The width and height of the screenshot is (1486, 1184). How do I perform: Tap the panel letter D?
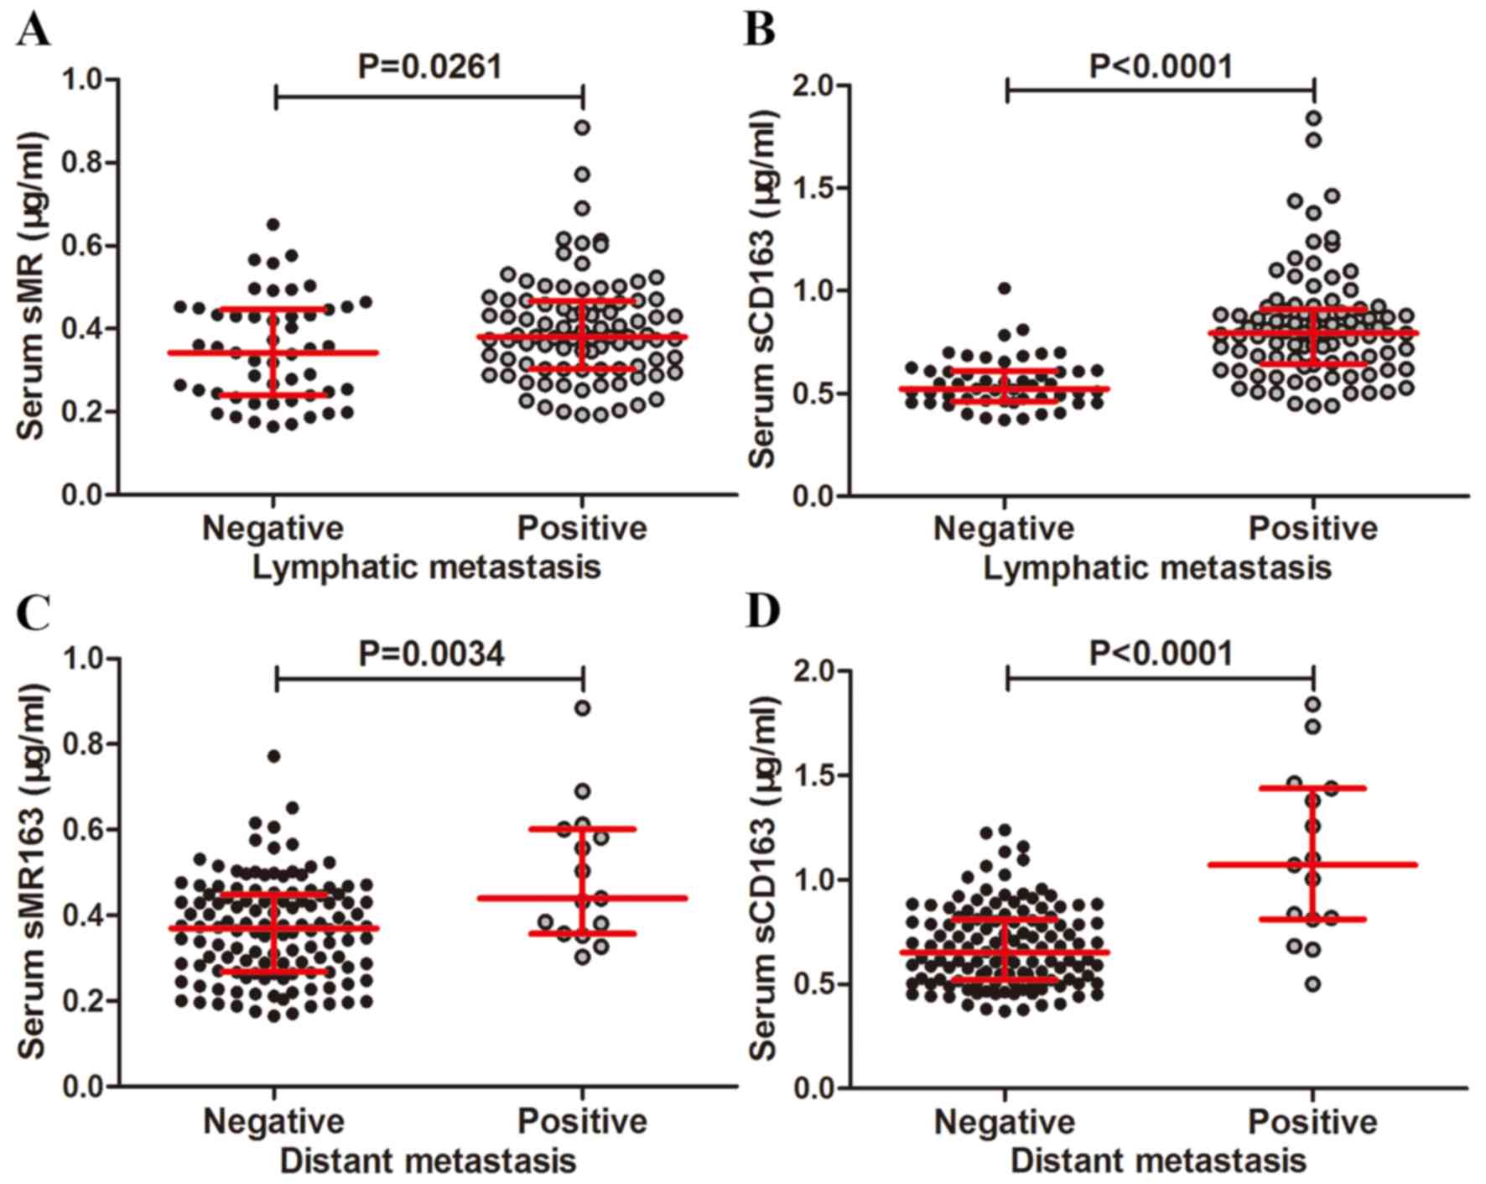[x=762, y=612]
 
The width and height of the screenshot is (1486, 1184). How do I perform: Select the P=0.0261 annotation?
[x=430, y=66]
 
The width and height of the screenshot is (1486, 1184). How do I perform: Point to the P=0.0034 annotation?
[x=431, y=654]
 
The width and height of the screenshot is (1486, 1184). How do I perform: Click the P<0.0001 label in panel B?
[x=1161, y=66]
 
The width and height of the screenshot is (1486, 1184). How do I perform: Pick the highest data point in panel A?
[x=582, y=128]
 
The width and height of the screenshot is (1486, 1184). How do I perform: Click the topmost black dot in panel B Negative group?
[x=1004, y=289]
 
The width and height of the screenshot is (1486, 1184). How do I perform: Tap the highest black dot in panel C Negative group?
[x=273, y=756]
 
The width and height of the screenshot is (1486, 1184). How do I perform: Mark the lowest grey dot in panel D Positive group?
[x=1313, y=984]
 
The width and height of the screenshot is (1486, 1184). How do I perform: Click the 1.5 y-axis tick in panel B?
[x=813, y=188]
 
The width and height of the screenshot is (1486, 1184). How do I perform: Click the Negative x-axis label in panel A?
[x=273, y=529]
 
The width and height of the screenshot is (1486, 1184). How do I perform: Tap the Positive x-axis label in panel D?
[x=1313, y=1122]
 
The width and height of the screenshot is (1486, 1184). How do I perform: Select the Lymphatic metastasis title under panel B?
[x=1157, y=568]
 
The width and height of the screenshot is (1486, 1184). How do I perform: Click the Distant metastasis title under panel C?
[x=428, y=1162]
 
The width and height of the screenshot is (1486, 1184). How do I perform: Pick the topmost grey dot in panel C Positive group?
[x=582, y=708]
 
